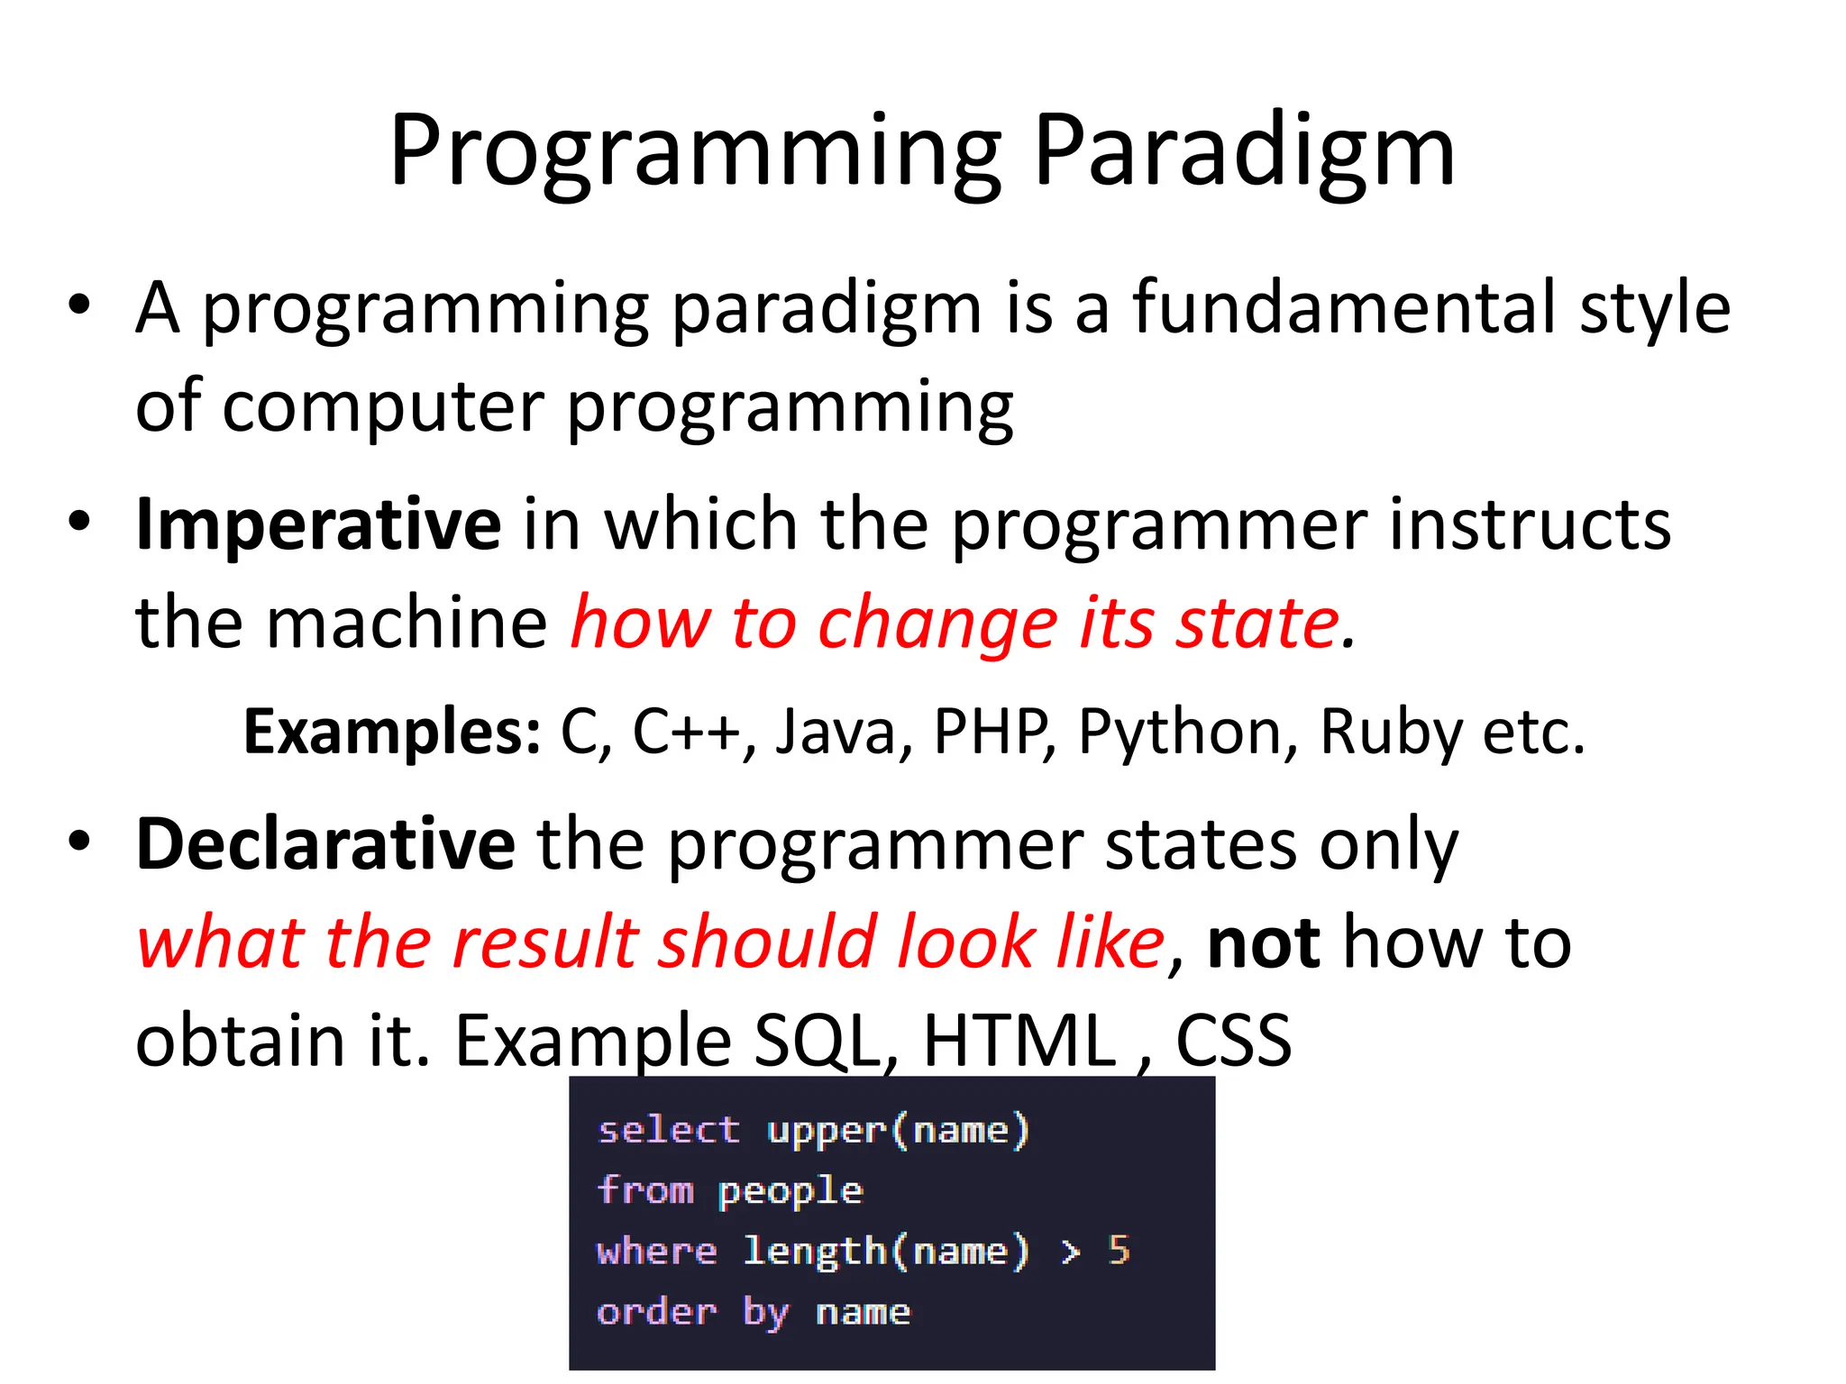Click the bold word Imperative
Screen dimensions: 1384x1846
tap(317, 524)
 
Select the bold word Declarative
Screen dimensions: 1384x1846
tap(324, 844)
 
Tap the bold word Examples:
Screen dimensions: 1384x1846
tap(392, 731)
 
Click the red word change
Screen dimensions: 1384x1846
tap(937, 623)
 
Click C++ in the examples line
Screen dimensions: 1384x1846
tap(685, 731)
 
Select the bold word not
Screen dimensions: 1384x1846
tap(1264, 942)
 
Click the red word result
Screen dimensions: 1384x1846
tap(545, 942)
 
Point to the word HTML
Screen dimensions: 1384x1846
tap(1019, 1041)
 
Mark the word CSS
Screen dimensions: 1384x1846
tap(1233, 1041)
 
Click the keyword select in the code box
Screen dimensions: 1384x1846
tap(668, 1130)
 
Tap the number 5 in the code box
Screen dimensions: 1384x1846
tap(1119, 1251)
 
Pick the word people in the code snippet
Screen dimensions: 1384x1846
tap(790, 1192)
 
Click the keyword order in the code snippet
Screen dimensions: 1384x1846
tap(657, 1312)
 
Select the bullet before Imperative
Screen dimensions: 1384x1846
tap(79, 522)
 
